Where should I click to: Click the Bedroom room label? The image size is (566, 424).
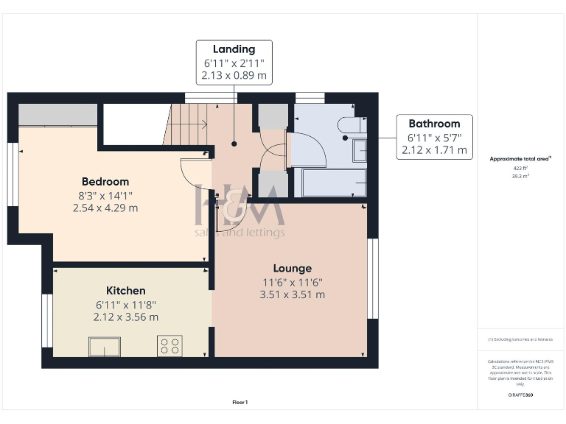[105, 181]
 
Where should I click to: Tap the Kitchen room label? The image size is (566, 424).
[125, 291]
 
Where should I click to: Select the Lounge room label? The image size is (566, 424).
[292, 268]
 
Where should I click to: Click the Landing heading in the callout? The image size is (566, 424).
[234, 49]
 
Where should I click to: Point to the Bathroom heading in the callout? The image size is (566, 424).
[434, 124]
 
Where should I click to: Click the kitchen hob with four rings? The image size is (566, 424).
[170, 346]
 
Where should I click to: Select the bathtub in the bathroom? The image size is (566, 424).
[329, 183]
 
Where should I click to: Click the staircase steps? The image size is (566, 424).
[188, 124]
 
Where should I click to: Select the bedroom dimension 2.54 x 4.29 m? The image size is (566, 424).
[105, 208]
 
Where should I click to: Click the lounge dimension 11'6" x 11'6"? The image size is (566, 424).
[292, 282]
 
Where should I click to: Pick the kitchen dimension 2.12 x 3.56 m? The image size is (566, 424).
[125, 317]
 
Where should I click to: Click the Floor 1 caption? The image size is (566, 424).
[240, 402]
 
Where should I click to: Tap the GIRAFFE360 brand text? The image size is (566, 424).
[520, 395]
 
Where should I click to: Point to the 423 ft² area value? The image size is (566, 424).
[520, 169]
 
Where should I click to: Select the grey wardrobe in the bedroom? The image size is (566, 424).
[58, 115]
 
